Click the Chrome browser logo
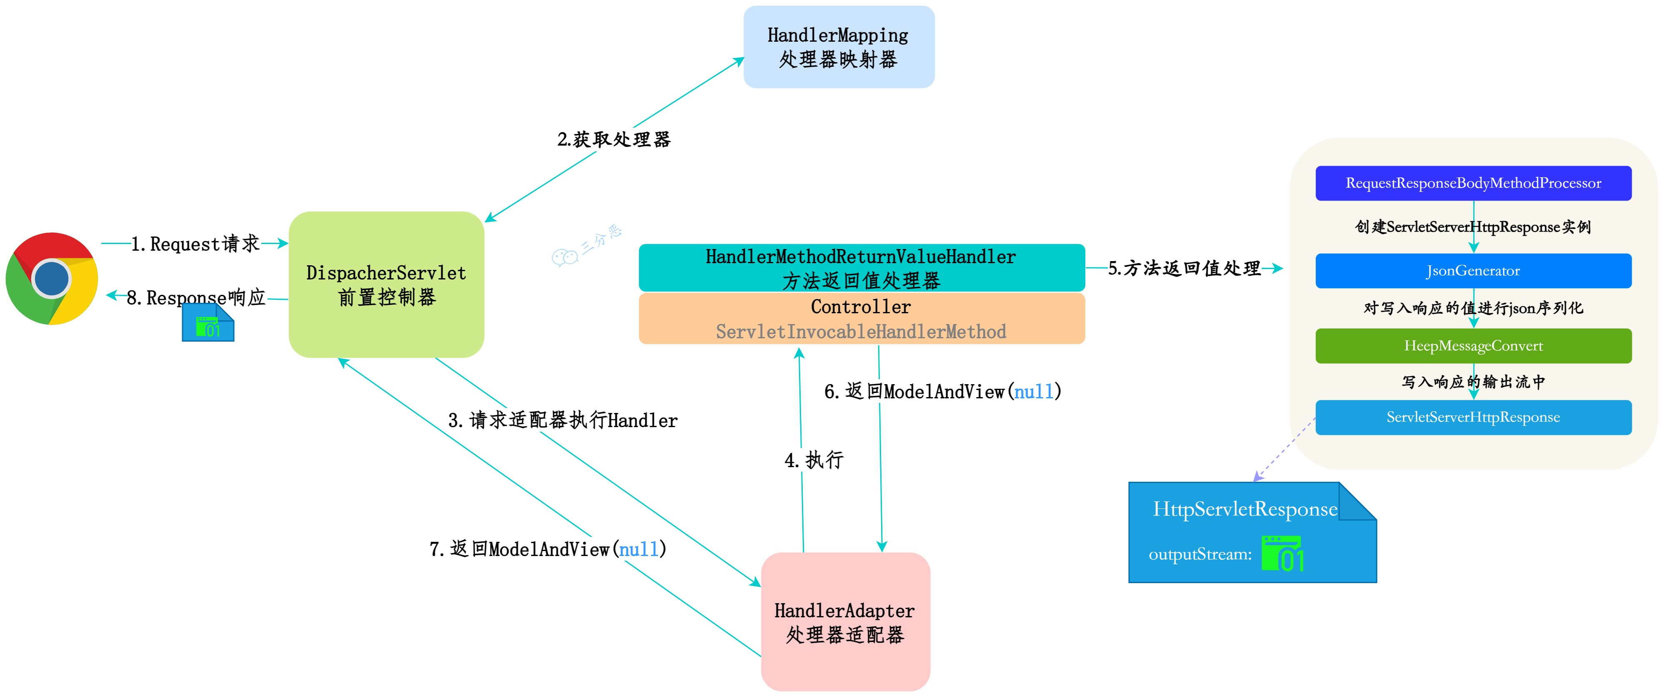[52, 278]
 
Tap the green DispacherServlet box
[386, 284]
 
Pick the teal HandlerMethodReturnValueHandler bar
[861, 267]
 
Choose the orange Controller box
[861, 318]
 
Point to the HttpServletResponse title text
[1245, 509]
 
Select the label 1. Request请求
[195, 244]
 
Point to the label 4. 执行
[814, 460]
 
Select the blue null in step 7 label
[639, 549]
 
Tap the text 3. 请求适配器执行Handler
[562, 420]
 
